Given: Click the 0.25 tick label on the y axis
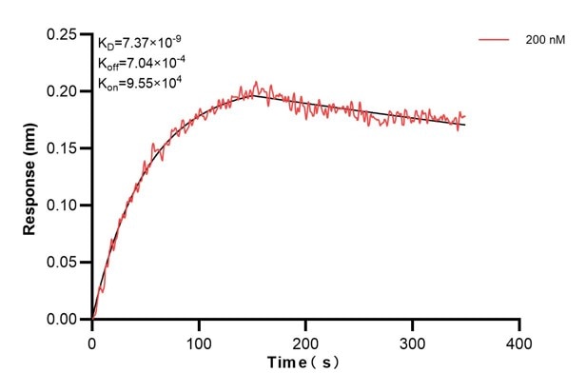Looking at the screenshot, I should tap(64, 34).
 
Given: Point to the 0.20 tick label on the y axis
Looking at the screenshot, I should tap(64, 91).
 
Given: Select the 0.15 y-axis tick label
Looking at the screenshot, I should tap(64, 148).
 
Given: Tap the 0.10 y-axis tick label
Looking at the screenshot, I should tap(64, 206).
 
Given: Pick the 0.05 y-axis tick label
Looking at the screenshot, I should tap(64, 263).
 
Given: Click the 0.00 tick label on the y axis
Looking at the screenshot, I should tap(64, 320).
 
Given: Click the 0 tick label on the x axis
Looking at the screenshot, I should tap(92, 339).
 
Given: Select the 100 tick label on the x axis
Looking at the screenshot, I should tap(199, 339).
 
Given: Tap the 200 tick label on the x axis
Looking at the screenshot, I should tap(305, 339).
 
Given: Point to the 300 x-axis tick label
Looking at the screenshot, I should tap(412, 339).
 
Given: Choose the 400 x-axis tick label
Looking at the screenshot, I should tap(518, 339).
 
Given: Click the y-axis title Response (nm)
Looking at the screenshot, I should tap(30, 176).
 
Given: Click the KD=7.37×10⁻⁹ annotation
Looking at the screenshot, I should tap(140, 43).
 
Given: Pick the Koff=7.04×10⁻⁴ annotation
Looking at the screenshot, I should tap(141, 63).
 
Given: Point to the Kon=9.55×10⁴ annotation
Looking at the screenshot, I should tap(140, 83).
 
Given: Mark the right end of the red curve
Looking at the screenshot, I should tap(465, 116).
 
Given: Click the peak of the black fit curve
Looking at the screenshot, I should tap(252, 93).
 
